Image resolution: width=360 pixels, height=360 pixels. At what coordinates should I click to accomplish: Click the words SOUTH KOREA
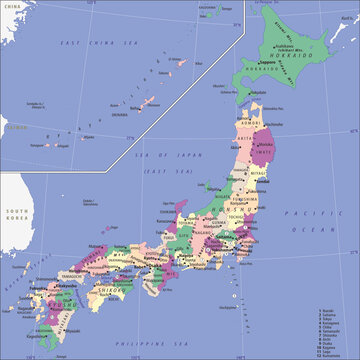coord(16,215)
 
